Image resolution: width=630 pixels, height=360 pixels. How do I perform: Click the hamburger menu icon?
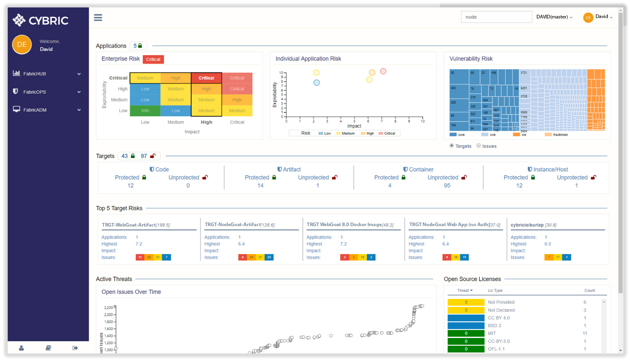click(x=98, y=18)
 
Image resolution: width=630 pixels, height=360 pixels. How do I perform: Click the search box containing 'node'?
click(x=496, y=17)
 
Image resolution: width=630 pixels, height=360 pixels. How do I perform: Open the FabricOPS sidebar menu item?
click(x=35, y=92)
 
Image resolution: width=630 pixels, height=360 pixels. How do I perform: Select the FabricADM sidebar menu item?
click(x=35, y=110)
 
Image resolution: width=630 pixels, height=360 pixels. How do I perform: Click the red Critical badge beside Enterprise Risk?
click(x=153, y=60)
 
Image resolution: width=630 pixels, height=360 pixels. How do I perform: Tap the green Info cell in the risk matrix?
click(x=145, y=111)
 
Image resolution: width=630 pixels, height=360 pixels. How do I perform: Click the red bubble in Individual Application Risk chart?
click(x=383, y=71)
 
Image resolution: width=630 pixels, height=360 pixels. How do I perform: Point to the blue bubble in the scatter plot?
click(x=316, y=83)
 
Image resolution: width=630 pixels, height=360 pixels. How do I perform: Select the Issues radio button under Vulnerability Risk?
click(x=479, y=146)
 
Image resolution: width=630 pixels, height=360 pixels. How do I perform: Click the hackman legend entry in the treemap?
click(x=560, y=135)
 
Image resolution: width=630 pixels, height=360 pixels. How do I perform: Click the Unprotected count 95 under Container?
click(x=447, y=186)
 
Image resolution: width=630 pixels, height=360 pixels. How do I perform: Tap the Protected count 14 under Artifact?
click(x=260, y=186)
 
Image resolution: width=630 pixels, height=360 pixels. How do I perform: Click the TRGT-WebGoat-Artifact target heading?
click(x=136, y=225)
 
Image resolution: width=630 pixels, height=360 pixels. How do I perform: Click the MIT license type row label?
click(x=492, y=333)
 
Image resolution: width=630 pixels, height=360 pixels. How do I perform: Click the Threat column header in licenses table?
click(x=465, y=291)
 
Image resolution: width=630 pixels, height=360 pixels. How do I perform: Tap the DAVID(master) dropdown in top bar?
click(x=554, y=17)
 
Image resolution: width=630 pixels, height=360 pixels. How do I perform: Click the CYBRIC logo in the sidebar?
click(x=41, y=20)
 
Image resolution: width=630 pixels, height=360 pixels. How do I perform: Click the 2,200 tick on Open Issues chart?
click(x=108, y=307)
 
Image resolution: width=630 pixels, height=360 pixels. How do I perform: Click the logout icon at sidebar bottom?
click(x=75, y=348)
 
